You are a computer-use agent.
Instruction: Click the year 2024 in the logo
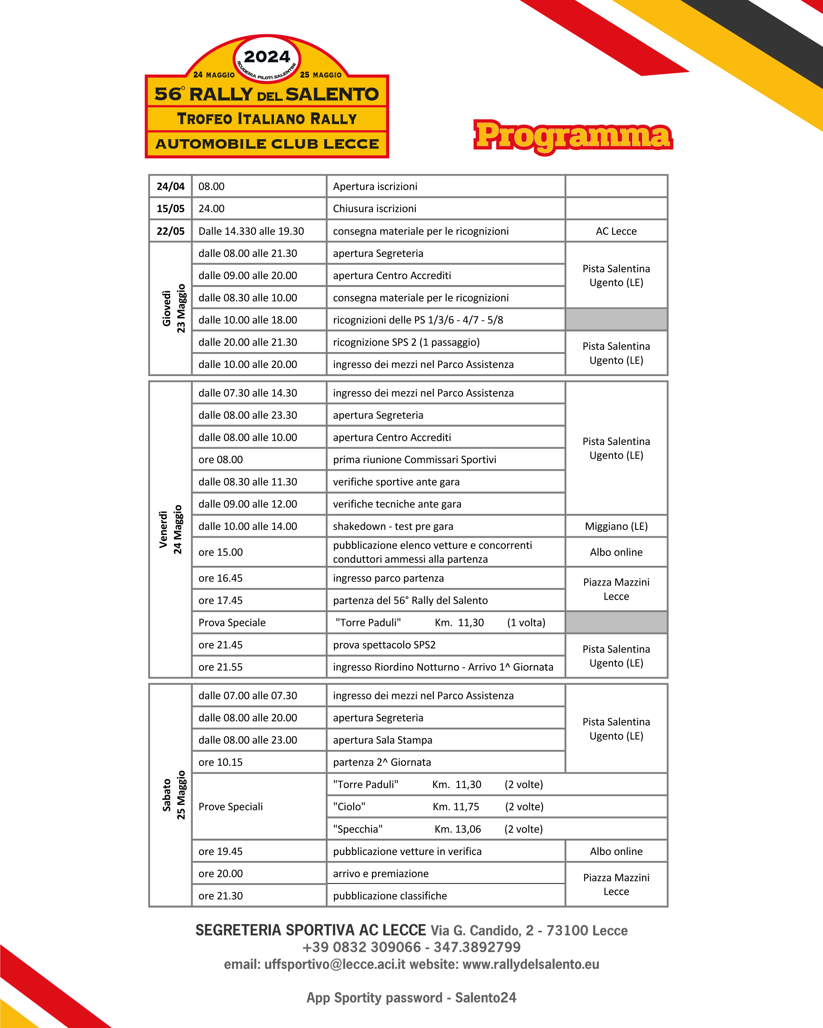(x=267, y=57)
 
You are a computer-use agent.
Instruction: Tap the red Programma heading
(x=573, y=136)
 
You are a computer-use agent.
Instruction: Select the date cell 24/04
(x=170, y=186)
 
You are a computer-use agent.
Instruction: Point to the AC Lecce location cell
(x=616, y=231)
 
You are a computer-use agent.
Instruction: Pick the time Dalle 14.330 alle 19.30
(x=251, y=231)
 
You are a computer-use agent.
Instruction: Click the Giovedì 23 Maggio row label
(x=173, y=308)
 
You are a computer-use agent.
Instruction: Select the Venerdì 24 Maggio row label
(x=171, y=529)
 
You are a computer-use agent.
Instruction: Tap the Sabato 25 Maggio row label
(x=173, y=795)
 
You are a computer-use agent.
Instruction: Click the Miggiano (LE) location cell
(x=616, y=526)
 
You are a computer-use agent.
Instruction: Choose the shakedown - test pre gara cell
(x=393, y=526)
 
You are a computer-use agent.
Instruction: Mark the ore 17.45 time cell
(x=220, y=600)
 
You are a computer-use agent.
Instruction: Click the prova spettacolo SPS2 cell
(x=384, y=645)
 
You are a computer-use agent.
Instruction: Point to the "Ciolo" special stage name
(x=349, y=806)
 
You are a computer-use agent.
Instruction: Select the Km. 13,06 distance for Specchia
(x=457, y=829)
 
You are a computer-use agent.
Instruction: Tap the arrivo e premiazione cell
(x=381, y=873)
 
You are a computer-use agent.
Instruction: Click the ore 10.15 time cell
(x=220, y=762)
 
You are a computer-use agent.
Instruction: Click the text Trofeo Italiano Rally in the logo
(x=267, y=119)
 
